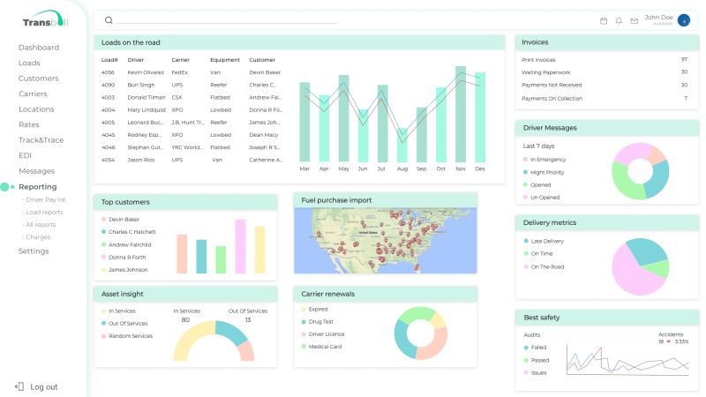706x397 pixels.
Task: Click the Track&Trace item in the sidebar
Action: click(x=41, y=140)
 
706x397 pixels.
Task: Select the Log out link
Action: click(x=43, y=386)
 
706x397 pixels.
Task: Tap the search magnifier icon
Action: click(x=109, y=19)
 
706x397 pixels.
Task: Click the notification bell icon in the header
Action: click(x=619, y=20)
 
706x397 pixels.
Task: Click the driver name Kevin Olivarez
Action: click(x=146, y=72)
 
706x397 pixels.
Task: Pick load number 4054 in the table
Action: click(x=108, y=160)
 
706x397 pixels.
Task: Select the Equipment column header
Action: click(x=224, y=60)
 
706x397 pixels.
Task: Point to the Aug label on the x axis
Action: click(x=402, y=168)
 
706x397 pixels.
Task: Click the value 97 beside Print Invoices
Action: click(x=684, y=59)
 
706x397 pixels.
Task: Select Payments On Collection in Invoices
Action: click(x=552, y=98)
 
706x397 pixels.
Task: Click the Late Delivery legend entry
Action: click(x=546, y=241)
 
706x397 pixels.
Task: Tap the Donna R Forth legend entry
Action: click(x=128, y=257)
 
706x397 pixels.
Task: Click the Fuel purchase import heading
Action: click(x=336, y=200)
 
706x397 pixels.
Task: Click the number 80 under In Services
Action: click(x=185, y=319)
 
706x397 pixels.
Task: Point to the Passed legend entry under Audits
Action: click(x=539, y=360)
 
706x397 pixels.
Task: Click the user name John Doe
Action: click(x=658, y=17)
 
